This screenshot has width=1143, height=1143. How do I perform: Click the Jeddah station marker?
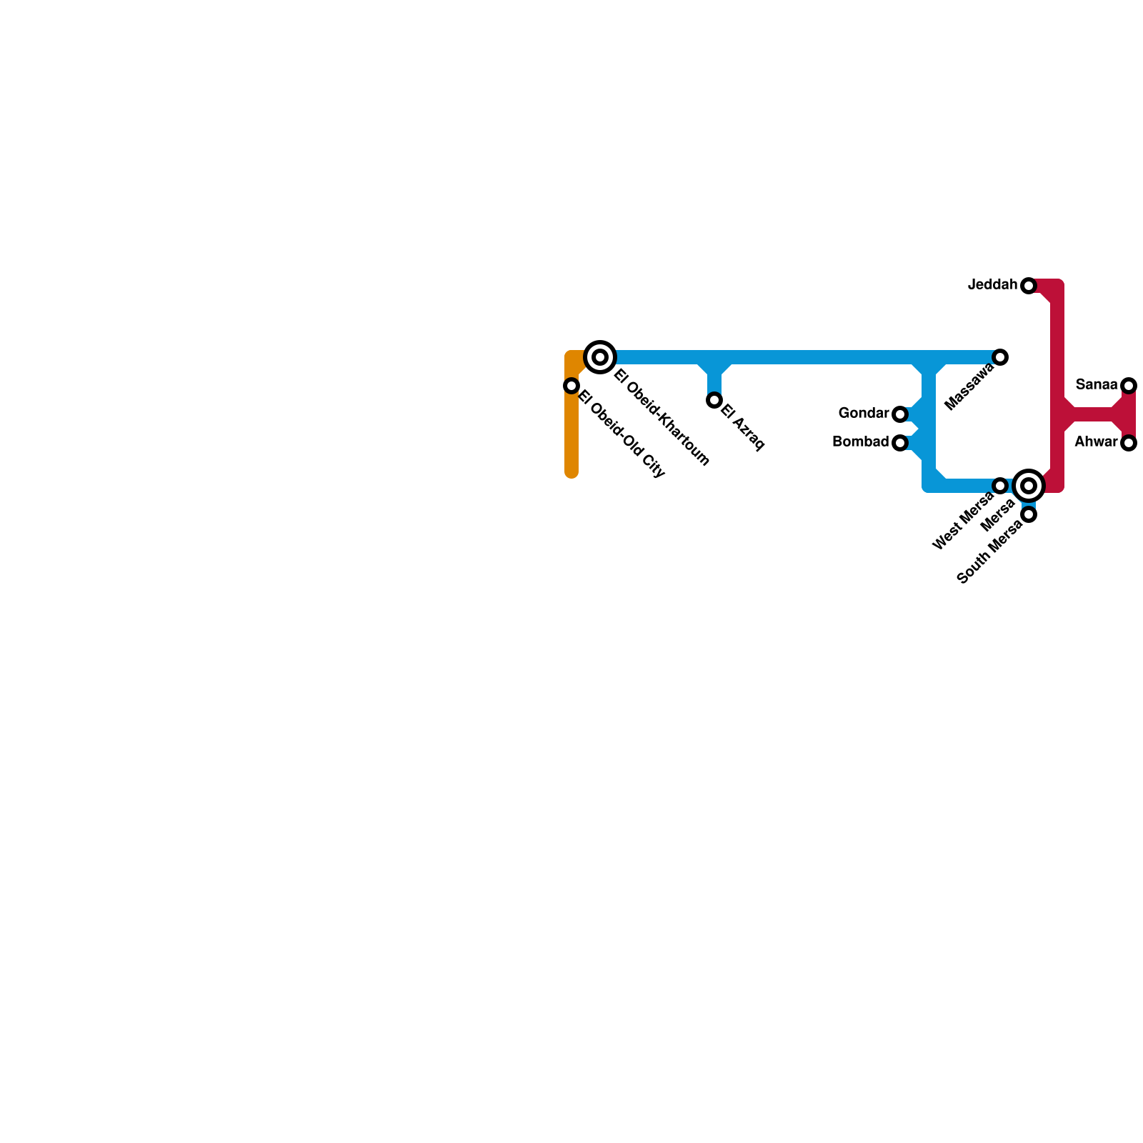[1029, 286]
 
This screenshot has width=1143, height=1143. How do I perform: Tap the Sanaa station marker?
[1129, 386]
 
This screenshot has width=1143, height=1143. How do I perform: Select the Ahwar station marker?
[1129, 443]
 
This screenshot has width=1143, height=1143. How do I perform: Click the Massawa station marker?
[1000, 357]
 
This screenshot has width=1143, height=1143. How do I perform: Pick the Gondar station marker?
[900, 414]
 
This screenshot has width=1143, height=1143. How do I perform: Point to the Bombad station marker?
[900, 443]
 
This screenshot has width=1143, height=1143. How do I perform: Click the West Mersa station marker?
[1000, 486]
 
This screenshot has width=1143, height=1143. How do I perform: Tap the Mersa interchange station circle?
[1029, 486]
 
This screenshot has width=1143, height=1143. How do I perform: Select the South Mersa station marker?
[1029, 514]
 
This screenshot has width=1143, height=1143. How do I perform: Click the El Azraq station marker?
[714, 400]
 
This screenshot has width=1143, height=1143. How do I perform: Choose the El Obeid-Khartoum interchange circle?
[600, 357]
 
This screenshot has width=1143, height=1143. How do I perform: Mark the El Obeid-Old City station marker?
[571, 386]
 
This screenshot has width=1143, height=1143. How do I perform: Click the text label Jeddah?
[992, 285]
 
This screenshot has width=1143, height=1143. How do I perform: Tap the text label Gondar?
[864, 413]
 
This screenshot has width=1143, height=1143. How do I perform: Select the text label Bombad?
[861, 441]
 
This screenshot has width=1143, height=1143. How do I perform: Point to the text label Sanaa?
[1097, 385]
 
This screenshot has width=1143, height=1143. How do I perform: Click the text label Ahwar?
[1096, 441]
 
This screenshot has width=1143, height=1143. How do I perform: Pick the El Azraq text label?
[743, 428]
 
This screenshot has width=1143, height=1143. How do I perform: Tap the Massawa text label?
[969, 386]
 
